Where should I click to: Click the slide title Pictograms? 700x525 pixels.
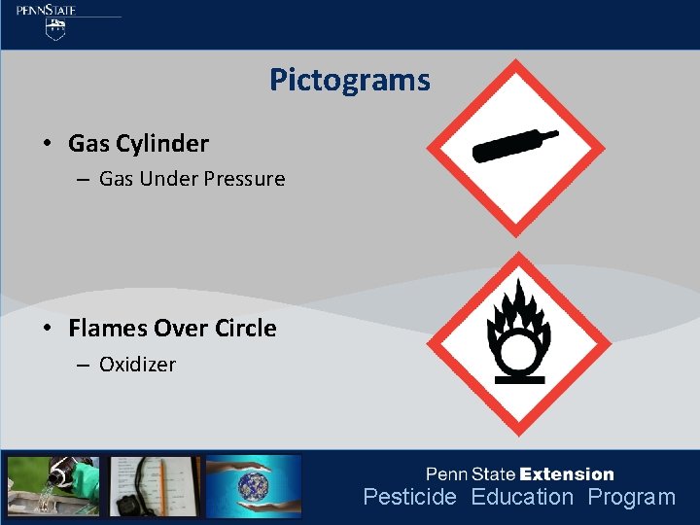349,80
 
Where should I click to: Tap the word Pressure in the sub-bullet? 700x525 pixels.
244,179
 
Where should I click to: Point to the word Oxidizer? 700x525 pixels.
137,365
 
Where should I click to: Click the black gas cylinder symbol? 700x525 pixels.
514,146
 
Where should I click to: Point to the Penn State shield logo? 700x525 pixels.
56,30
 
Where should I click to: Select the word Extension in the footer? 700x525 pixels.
567,474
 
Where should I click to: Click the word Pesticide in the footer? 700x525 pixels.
409,498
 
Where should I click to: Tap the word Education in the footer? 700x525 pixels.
522,498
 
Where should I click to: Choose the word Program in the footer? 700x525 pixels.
631,498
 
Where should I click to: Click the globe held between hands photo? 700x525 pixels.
254,485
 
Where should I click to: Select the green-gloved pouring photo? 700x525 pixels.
52,485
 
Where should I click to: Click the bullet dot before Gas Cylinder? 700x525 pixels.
47,144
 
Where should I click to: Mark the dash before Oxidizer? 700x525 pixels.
82,365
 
